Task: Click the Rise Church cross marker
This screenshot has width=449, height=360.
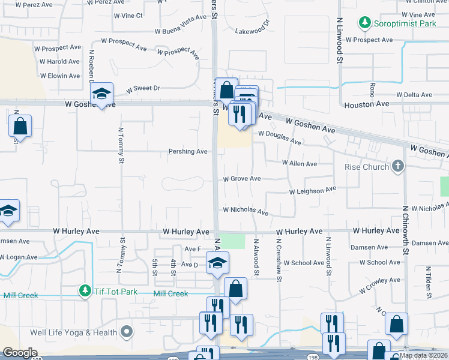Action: (x=397, y=166)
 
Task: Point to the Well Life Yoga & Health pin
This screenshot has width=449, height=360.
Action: (x=126, y=331)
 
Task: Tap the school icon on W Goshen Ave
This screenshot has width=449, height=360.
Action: (x=102, y=94)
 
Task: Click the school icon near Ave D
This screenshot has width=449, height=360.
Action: (x=217, y=262)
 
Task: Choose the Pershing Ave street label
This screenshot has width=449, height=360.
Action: (x=188, y=152)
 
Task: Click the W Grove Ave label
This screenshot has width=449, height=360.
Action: (x=242, y=179)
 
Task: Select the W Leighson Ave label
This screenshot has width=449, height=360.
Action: (x=312, y=191)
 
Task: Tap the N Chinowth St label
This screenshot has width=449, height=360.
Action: (x=405, y=227)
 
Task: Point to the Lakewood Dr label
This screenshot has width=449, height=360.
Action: (x=253, y=28)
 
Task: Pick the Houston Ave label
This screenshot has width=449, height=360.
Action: (x=367, y=104)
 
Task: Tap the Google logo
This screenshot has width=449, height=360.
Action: (x=19, y=353)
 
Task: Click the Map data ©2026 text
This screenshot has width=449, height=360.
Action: (x=423, y=355)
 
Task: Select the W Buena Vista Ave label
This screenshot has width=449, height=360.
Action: (x=180, y=30)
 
